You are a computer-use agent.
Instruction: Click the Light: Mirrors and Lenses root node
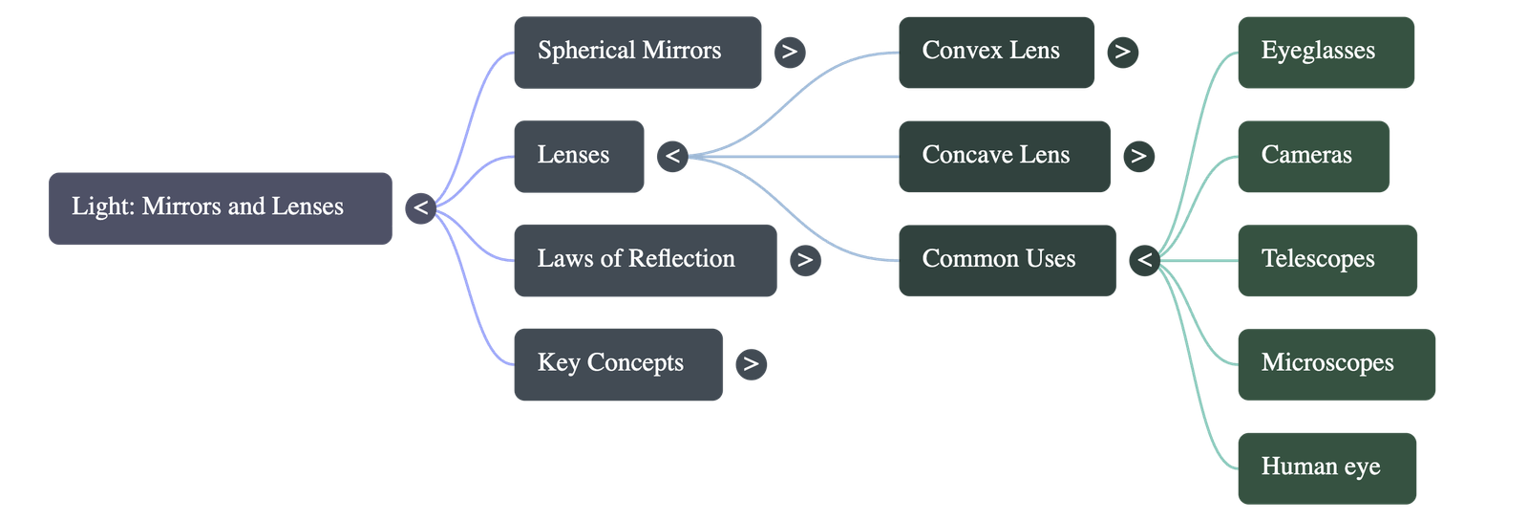click(x=220, y=208)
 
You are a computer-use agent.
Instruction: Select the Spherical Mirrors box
click(x=637, y=52)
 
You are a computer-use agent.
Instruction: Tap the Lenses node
click(x=579, y=156)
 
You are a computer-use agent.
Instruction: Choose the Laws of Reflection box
click(x=645, y=260)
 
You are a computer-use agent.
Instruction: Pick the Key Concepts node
click(x=618, y=364)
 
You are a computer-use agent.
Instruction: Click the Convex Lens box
click(x=996, y=52)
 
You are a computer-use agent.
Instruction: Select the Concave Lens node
click(x=1004, y=156)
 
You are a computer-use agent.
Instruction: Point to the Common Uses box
click(x=1007, y=260)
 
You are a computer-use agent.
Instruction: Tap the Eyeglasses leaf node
click(x=1326, y=52)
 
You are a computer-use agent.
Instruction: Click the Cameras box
click(x=1313, y=156)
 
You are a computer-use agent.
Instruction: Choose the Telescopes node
click(x=1327, y=260)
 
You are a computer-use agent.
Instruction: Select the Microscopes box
click(x=1336, y=364)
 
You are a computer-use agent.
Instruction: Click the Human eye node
click(x=1326, y=468)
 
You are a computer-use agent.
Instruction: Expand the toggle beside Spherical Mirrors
click(x=789, y=52)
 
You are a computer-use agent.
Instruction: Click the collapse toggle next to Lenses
click(x=672, y=156)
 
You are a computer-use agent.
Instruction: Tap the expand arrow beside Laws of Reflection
click(x=805, y=260)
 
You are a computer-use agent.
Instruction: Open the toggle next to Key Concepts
click(x=752, y=364)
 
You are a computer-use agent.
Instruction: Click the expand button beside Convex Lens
click(x=1122, y=52)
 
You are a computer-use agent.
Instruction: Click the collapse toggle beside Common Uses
click(x=1144, y=260)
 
